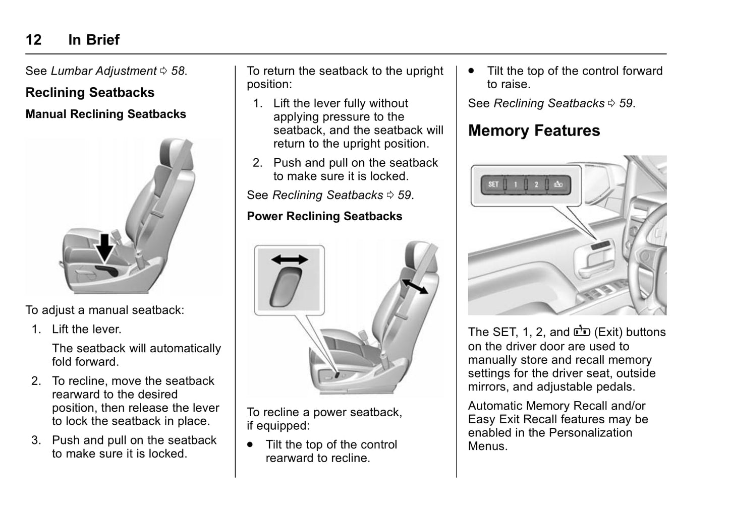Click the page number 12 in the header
(33, 40)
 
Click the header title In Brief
(94, 40)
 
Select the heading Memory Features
(534, 131)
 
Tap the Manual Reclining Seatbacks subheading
(105, 114)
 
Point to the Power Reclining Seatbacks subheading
(324, 216)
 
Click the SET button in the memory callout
(493, 184)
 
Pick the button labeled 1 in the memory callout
(515, 185)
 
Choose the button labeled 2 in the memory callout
(536, 185)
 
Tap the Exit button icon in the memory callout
(558, 185)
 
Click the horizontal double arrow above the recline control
(290, 260)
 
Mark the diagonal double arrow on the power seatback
(414, 285)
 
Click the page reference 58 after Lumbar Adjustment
(178, 71)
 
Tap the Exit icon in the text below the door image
(581, 332)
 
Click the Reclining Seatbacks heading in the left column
(90, 93)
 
